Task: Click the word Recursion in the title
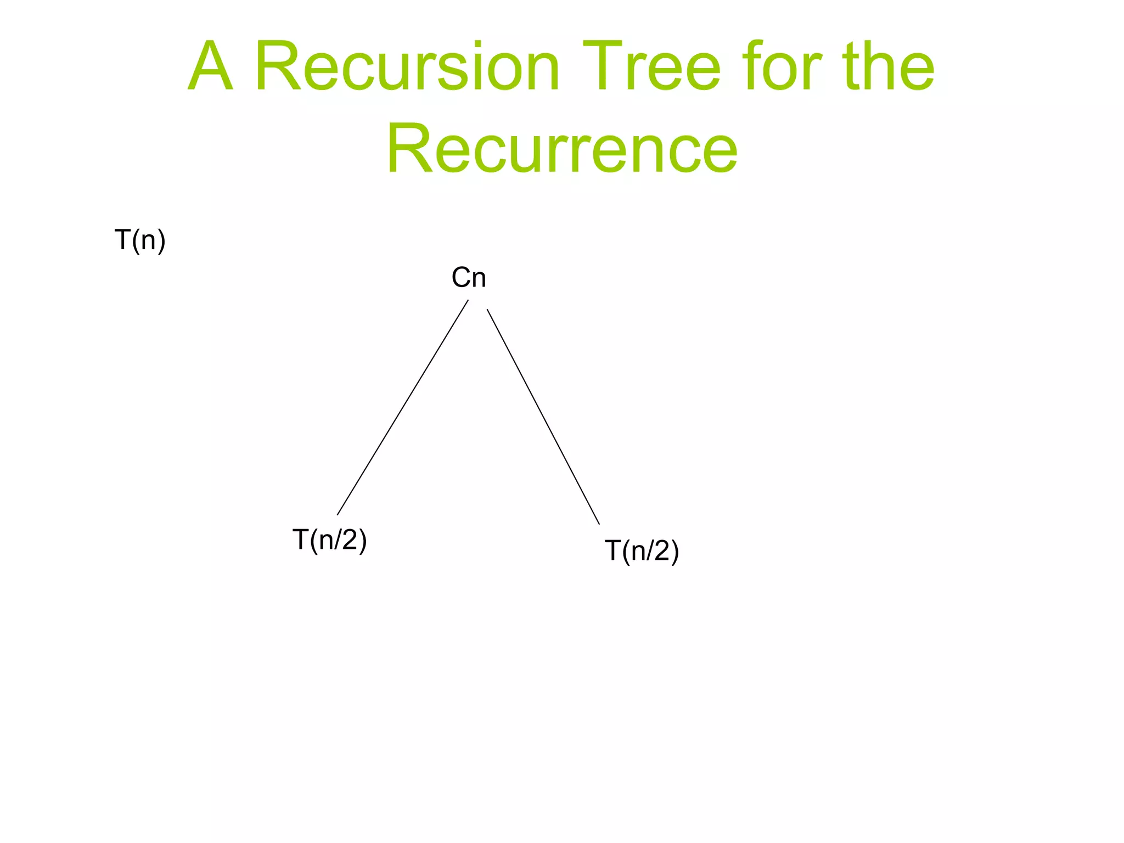pos(407,67)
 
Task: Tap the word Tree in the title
pos(650,67)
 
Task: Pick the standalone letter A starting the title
pos(210,67)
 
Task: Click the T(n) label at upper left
pos(140,240)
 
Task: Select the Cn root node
pos(469,278)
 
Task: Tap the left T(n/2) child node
pos(329,539)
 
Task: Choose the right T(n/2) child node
pos(642,550)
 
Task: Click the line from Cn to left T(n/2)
pos(403,407)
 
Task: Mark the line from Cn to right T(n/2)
pos(543,417)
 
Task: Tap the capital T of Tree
pos(604,67)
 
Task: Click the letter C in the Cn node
pos(461,278)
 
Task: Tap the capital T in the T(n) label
pos(122,240)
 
